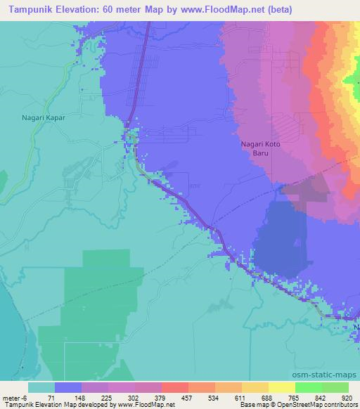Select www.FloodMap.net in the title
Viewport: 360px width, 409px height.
point(226,9)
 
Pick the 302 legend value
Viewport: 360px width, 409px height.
point(134,397)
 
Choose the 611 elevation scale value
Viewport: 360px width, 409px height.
point(242,397)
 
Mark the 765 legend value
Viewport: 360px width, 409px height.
point(295,397)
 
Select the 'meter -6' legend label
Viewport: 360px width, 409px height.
point(16,397)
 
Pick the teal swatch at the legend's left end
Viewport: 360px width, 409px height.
point(41,387)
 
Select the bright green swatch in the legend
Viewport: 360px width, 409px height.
point(309,387)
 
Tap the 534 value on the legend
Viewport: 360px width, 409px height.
point(214,397)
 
